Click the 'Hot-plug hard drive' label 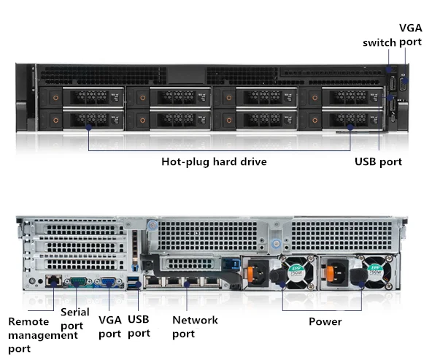click(x=214, y=161)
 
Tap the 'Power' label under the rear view click(x=325, y=321)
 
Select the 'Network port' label click(x=195, y=326)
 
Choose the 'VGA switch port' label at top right click(x=393, y=36)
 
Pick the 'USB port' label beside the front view click(x=378, y=161)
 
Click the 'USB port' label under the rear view click(x=139, y=326)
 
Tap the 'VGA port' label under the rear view click(x=109, y=326)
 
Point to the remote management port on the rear click(x=53, y=280)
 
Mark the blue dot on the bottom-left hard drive click(x=88, y=126)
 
